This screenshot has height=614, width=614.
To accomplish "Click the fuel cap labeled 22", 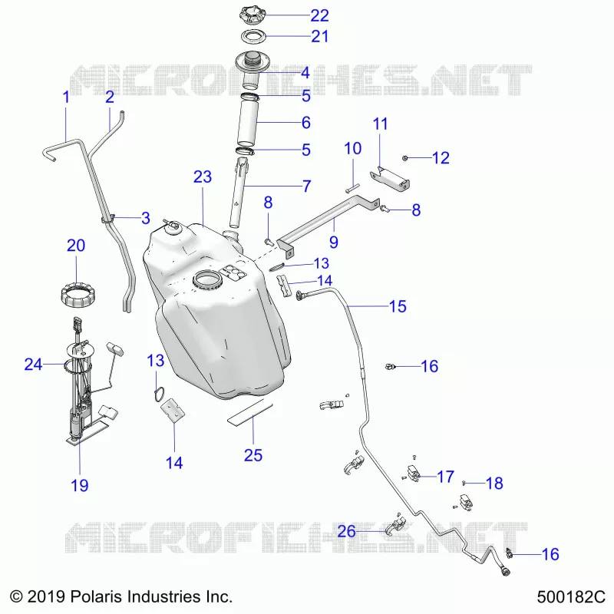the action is coord(253,15).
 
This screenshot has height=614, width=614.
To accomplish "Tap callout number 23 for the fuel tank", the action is coord(203,177).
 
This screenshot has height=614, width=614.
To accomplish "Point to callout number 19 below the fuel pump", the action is coord(80,486).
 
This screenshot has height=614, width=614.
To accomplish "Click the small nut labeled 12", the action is coord(405,158).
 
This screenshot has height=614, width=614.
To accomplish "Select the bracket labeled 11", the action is coord(390,179).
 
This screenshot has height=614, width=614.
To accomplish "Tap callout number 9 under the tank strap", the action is coord(334,242).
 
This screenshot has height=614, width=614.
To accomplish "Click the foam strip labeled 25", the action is coord(250,412).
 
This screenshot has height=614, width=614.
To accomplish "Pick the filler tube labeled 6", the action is coord(247,123).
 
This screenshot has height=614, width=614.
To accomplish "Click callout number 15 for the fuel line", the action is coord(398,306).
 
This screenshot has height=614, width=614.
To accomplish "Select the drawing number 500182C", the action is coord(571,598).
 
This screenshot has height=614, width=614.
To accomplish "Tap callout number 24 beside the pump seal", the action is coord(33,365).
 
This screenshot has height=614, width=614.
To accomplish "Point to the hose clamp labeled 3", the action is coord(107,219).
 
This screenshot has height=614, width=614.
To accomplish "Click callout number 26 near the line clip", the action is coord(347,531).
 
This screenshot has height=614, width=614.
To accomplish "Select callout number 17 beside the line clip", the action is coord(446,477).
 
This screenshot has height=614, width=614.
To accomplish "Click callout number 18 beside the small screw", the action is coord(494,484).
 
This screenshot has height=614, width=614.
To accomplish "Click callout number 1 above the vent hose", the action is coord(66,97).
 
